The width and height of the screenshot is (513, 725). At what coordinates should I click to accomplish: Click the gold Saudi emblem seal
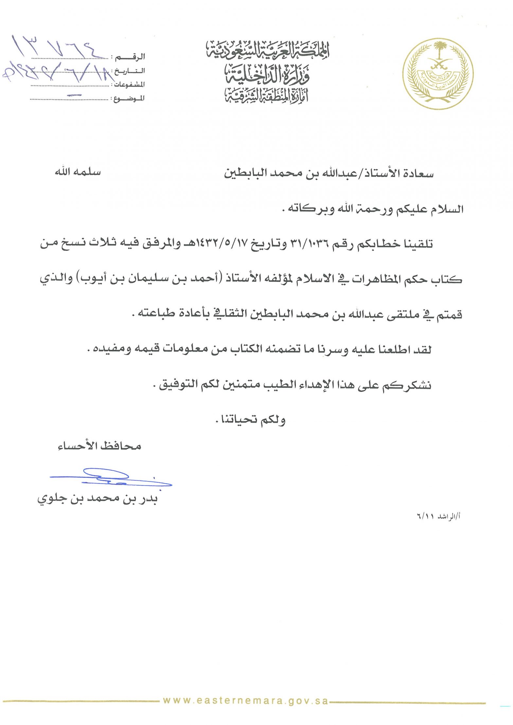(x=438, y=74)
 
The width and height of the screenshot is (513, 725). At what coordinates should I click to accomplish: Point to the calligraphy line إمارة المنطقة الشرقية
(x=267, y=95)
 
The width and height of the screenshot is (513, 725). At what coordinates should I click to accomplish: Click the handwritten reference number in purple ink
(x=56, y=47)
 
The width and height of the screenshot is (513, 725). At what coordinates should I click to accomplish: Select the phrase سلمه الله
(x=78, y=172)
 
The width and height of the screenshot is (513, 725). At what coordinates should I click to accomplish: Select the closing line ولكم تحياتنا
(x=251, y=420)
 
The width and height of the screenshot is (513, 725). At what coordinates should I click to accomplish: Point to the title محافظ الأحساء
(x=99, y=446)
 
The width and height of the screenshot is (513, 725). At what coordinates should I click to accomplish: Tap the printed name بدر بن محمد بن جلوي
(x=97, y=499)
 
